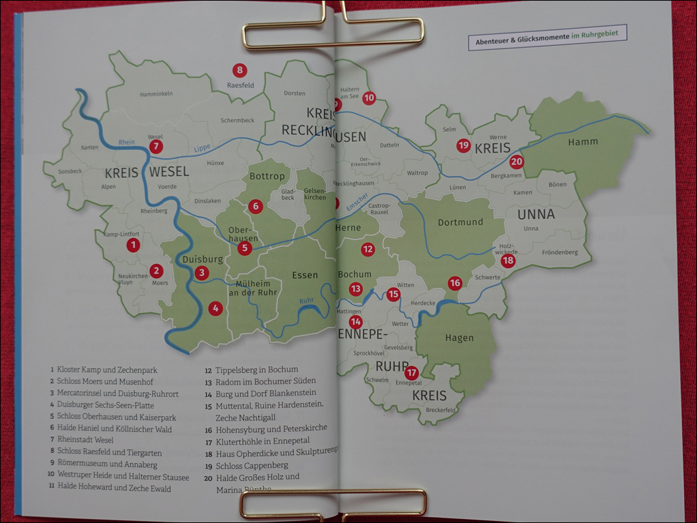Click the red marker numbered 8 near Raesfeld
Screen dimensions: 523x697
[239, 70]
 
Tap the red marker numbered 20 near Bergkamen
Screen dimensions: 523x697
[516, 162]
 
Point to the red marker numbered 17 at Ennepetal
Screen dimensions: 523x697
[411, 373]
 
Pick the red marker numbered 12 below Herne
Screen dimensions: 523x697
[368, 250]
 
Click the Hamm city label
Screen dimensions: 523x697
[582, 142]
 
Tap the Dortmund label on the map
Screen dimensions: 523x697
[460, 222]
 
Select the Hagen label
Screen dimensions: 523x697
[459, 338]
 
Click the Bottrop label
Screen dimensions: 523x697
[267, 176]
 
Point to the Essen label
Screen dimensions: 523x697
[304, 275]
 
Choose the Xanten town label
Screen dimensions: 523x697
[89, 147]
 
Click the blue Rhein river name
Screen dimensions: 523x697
[127, 143]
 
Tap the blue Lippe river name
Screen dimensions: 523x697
[202, 148]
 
